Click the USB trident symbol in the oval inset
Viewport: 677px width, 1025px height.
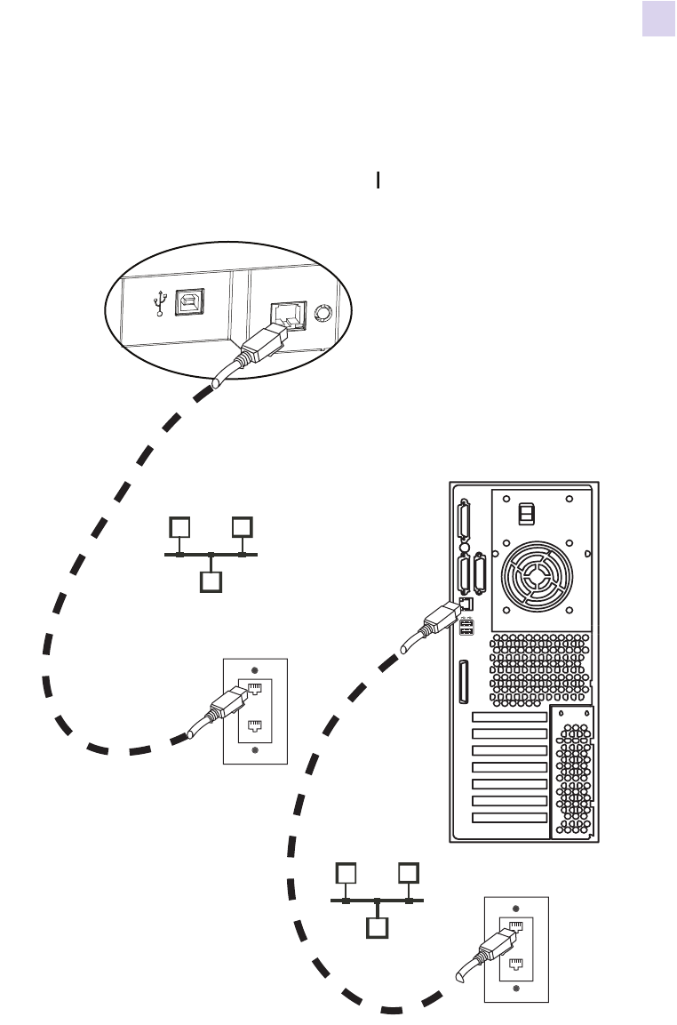(160, 304)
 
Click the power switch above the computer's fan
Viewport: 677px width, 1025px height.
(526, 515)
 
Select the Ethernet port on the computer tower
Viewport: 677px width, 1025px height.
(466, 604)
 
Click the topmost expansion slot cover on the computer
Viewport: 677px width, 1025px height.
(508, 717)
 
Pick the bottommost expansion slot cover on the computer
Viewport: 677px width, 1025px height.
(508, 817)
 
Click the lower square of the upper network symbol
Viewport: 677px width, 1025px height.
(210, 582)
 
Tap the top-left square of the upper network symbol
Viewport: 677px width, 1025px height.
(179, 527)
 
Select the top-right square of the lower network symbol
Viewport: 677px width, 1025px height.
(409, 873)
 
